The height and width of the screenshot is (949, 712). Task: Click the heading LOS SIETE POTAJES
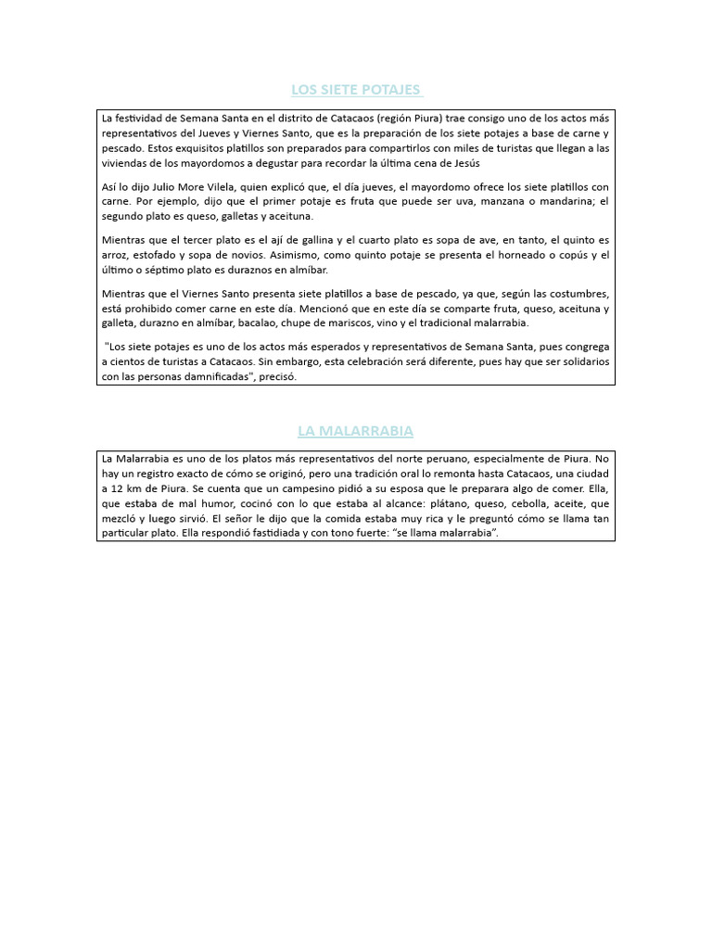tap(357, 90)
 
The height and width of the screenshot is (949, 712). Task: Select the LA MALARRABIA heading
tap(356, 431)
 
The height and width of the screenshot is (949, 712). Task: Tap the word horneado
tap(498, 255)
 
